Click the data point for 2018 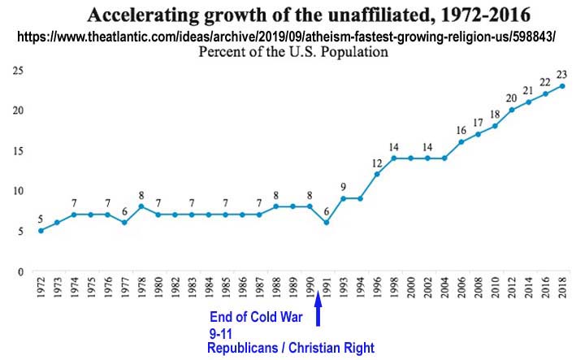coord(562,86)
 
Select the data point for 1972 coord(41,231)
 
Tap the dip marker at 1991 coord(325,223)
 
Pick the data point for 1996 coord(376,174)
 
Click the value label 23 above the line coord(562,74)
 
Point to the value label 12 coord(376,162)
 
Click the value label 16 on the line coord(461,130)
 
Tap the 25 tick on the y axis coord(15,71)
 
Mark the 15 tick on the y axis coord(15,151)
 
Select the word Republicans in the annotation coord(243,349)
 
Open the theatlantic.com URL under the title coord(292,37)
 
